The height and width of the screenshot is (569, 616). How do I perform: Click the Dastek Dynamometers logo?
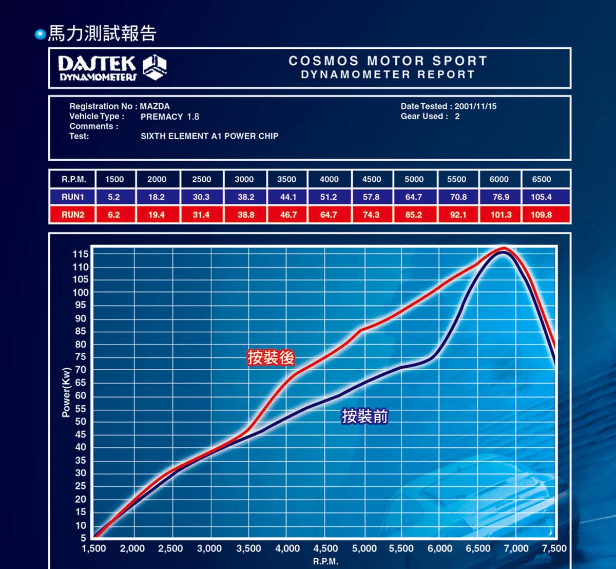click(112, 68)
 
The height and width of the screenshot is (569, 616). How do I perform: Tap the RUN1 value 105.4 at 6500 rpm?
click(541, 197)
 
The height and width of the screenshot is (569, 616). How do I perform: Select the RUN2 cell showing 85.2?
click(413, 215)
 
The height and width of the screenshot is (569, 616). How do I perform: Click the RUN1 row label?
click(73, 197)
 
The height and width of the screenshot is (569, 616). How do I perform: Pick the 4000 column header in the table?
click(329, 179)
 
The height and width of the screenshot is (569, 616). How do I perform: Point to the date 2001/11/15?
click(475, 106)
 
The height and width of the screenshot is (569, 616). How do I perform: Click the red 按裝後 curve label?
click(271, 357)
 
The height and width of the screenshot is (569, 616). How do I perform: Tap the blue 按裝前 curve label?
click(365, 416)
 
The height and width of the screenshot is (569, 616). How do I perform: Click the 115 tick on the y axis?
click(81, 254)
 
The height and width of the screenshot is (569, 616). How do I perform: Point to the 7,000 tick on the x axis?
click(516, 548)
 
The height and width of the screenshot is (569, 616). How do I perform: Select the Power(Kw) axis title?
click(66, 392)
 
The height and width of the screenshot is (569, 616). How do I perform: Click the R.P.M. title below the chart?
click(325, 561)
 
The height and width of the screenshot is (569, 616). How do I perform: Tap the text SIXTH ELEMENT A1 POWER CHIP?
click(209, 136)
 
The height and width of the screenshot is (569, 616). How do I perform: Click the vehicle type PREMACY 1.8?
click(170, 117)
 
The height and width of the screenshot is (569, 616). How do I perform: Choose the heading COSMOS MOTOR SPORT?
click(388, 61)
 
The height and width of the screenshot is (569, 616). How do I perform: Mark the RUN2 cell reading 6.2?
click(114, 215)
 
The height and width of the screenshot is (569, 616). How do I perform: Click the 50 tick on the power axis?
click(81, 422)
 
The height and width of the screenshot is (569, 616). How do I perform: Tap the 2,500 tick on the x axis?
click(170, 548)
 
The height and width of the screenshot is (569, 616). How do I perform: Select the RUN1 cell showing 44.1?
click(288, 197)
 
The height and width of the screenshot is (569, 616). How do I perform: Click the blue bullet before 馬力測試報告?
click(40, 34)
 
